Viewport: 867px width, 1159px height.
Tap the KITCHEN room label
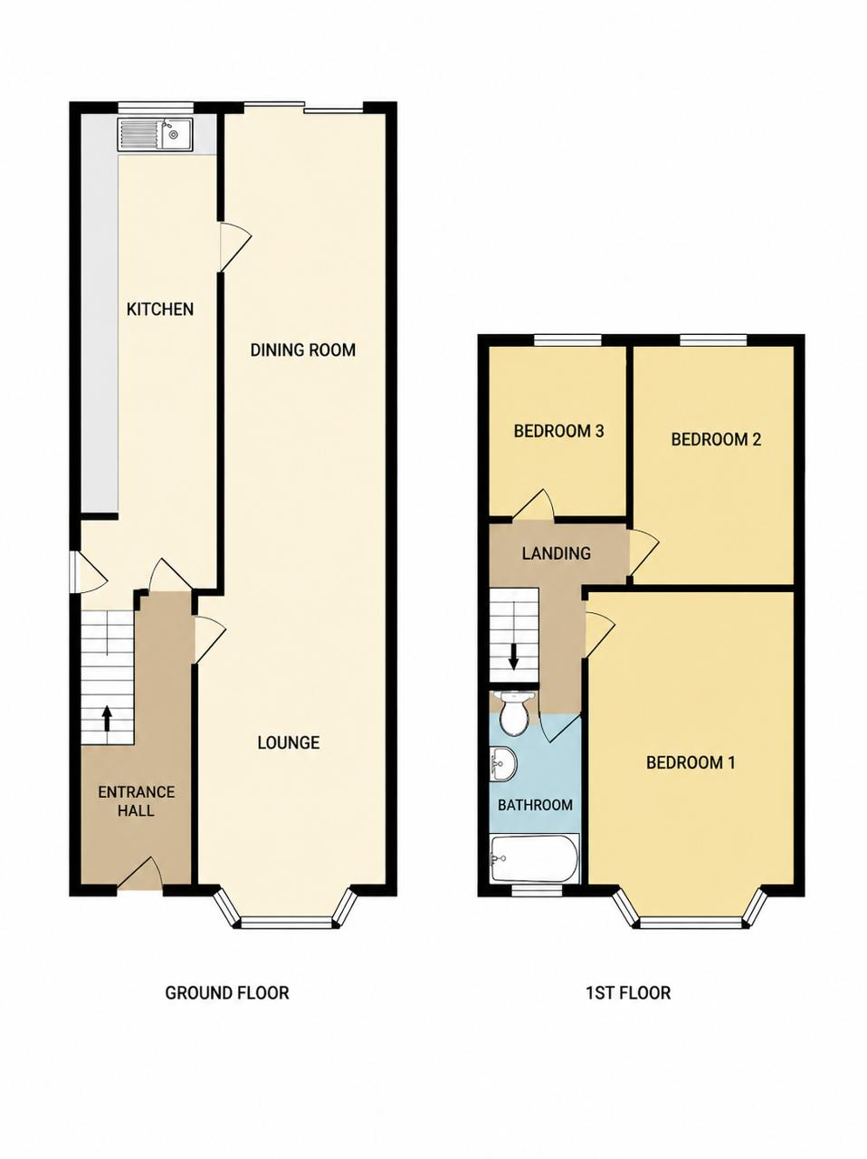(160, 309)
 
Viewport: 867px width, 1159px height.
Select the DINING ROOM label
(303, 350)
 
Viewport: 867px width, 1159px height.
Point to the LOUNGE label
(289, 742)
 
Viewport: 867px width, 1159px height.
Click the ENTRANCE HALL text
(136, 801)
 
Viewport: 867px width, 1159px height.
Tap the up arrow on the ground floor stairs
(107, 718)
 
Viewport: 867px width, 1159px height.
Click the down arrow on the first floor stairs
(513, 657)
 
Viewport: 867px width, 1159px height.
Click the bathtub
(535, 858)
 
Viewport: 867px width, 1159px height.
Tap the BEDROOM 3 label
(558, 431)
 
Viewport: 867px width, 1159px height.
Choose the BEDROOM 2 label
(716, 439)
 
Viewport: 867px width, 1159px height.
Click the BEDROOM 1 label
(691, 762)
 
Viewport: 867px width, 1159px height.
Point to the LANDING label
(557, 553)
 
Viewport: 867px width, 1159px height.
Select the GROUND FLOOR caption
(227, 992)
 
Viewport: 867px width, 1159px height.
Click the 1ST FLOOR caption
(628, 992)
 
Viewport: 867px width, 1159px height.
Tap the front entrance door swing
(140, 875)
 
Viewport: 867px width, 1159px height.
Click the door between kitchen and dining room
(234, 246)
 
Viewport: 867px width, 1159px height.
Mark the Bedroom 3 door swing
(534, 505)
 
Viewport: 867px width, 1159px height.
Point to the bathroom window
(537, 891)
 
